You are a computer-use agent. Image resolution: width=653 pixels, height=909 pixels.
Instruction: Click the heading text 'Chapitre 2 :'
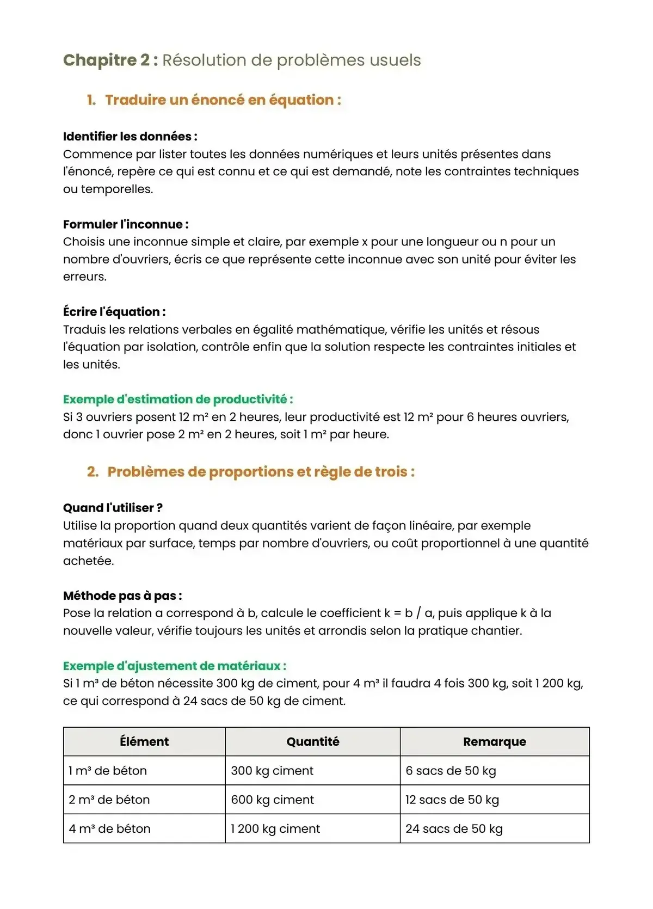(x=110, y=60)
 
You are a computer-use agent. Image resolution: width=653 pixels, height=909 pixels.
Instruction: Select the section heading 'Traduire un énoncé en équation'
(x=223, y=100)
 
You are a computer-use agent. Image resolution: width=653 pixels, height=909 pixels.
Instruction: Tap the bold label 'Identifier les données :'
(x=130, y=137)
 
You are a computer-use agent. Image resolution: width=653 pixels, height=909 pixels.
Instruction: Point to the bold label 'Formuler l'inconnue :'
(x=126, y=224)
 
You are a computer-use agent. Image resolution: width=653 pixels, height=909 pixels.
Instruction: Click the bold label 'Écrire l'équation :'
(x=114, y=312)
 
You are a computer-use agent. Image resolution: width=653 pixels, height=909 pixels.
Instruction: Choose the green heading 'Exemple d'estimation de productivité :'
(x=178, y=400)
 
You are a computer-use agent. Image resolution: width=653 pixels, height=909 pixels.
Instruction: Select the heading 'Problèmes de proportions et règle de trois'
(x=261, y=472)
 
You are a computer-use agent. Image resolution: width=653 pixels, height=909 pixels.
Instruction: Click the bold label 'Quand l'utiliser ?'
(x=113, y=508)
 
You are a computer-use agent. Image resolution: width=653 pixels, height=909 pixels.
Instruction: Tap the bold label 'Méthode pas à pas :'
(x=122, y=595)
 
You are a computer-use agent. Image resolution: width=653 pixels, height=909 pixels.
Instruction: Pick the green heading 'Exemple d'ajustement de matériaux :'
(x=175, y=666)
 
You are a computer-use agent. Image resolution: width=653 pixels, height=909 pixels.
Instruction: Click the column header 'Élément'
(x=144, y=741)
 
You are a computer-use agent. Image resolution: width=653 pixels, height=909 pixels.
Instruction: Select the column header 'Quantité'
(x=313, y=741)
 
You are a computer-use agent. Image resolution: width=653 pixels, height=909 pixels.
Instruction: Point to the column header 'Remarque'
(x=495, y=741)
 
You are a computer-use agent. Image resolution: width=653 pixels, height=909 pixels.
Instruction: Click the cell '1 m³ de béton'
(x=108, y=771)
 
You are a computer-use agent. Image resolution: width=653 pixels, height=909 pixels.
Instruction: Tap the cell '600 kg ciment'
(x=272, y=800)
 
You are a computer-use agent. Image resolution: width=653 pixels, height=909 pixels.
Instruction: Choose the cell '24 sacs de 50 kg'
(x=454, y=829)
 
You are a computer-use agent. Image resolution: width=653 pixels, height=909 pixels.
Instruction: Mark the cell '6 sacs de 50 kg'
(x=451, y=771)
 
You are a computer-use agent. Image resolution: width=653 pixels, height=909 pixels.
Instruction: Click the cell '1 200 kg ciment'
(x=275, y=829)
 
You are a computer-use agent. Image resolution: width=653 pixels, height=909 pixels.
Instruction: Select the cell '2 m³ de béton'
(x=109, y=800)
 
